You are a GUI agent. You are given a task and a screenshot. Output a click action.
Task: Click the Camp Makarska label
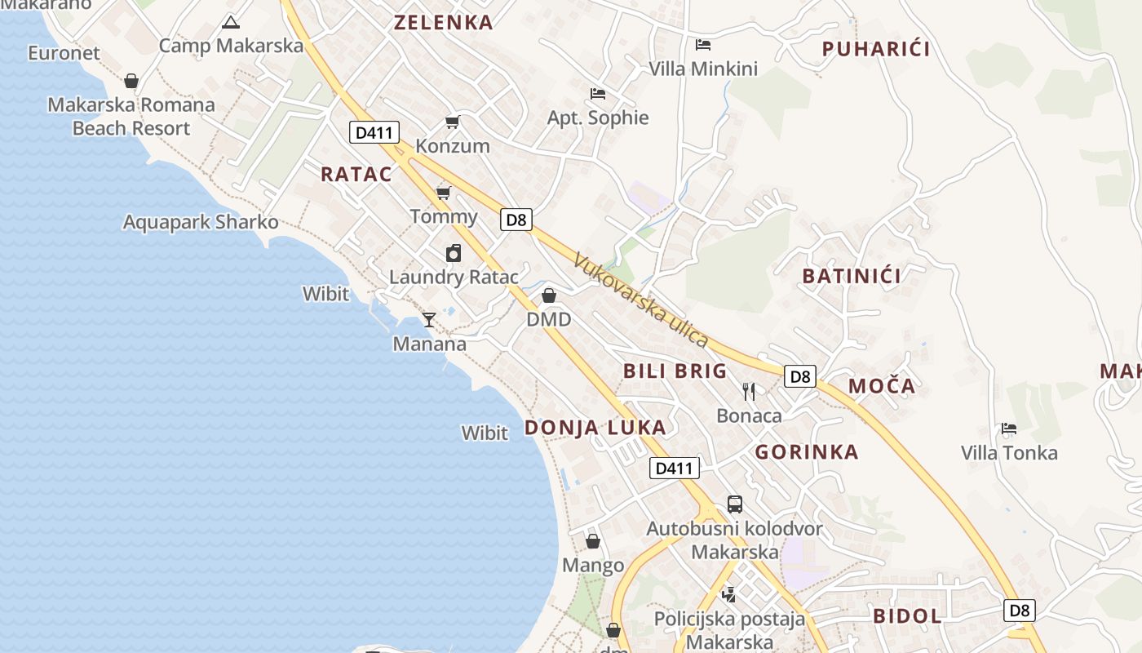231,45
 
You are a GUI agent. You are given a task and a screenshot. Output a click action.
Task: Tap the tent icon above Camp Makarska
231,22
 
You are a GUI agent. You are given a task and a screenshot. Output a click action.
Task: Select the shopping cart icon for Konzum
452,122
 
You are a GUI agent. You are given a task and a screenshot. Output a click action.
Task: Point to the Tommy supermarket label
444,216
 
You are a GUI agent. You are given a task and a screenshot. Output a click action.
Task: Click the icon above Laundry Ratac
454,253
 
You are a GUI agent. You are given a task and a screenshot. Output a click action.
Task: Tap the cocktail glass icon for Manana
429,319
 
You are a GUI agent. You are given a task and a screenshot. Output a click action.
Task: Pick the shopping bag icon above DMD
549,295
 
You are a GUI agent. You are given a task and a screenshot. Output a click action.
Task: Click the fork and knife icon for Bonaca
749,392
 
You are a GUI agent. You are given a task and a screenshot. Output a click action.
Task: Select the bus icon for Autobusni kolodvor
734,504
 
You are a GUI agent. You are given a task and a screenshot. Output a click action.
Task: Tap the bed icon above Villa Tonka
1009,429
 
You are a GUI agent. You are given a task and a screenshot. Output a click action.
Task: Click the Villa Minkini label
703,69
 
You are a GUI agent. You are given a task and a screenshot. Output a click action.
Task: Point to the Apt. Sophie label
598,118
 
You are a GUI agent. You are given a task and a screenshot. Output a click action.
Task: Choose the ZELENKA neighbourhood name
444,23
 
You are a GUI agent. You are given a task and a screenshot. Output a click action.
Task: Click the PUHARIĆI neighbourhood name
876,49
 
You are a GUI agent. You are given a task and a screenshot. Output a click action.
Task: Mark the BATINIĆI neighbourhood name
852,276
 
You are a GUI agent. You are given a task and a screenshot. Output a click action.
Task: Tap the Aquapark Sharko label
201,222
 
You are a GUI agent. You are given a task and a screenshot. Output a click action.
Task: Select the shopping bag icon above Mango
593,541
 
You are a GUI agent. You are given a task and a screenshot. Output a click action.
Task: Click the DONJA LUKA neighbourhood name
595,427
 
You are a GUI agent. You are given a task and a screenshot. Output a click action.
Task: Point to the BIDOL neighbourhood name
907,615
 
